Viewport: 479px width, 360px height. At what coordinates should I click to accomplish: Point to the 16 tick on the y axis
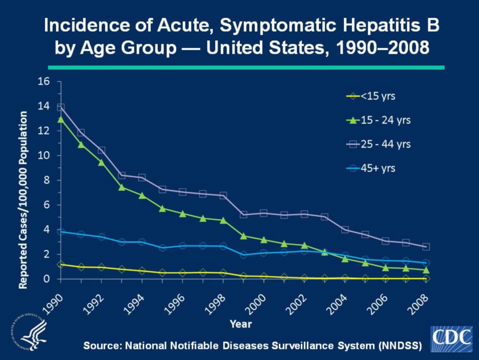(43, 81)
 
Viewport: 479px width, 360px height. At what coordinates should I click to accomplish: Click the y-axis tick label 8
(46, 180)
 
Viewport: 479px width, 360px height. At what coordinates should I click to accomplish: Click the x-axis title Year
(241, 323)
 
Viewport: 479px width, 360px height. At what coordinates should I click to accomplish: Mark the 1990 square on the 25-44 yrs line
(61, 107)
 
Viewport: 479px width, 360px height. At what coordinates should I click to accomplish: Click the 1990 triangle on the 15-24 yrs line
(61, 119)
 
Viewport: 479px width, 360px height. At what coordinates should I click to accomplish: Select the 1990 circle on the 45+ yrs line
(61, 232)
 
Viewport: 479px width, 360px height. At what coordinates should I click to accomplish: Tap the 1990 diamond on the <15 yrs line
(61, 264)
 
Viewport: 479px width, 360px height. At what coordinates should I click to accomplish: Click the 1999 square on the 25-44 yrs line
(243, 214)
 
